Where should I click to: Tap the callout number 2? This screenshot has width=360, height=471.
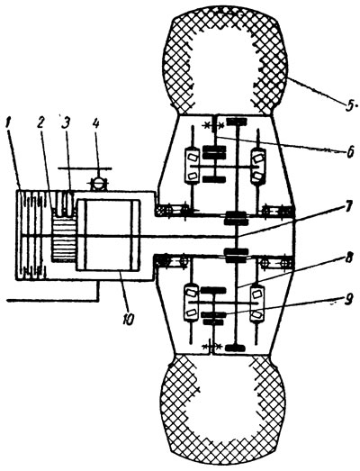pyautogui.click(x=40, y=122)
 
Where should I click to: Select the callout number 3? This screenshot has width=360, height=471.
pyautogui.click(x=64, y=122)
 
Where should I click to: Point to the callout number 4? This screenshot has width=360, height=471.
pyautogui.click(x=95, y=122)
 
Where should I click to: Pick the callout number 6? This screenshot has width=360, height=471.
pyautogui.click(x=349, y=152)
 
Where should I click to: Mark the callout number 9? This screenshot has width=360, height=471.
pyautogui.click(x=347, y=301)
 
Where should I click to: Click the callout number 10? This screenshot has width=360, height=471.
pyautogui.click(x=128, y=320)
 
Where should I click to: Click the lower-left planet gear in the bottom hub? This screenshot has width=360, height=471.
pyautogui.click(x=192, y=303)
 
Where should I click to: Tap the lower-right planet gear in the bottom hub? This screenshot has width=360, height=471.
pyautogui.click(x=257, y=303)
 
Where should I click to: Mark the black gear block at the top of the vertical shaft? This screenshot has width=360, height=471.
pyautogui.click(x=237, y=122)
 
